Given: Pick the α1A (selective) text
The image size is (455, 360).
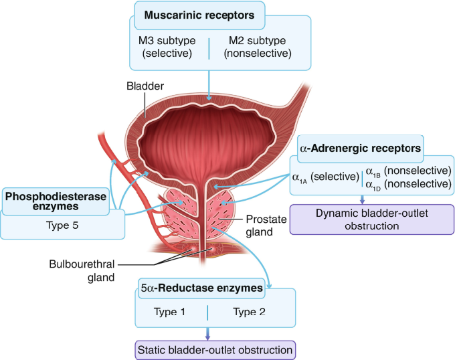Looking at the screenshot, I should click(325, 177).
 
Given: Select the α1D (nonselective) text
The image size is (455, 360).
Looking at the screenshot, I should click(407, 183).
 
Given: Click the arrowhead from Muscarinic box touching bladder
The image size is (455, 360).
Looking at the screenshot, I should click(210, 99).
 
